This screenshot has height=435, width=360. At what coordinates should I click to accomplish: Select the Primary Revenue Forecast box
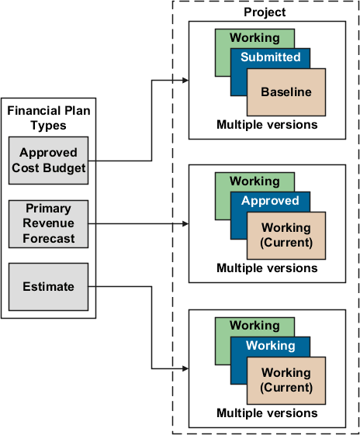[x=49, y=223]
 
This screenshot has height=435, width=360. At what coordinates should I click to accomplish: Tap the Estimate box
[x=49, y=287]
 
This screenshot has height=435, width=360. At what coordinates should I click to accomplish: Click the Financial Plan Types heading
[x=48, y=118]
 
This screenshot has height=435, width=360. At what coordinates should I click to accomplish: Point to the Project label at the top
[x=265, y=12]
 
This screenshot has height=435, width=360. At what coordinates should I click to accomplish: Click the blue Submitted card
[x=271, y=57]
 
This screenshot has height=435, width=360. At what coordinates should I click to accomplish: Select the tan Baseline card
[x=286, y=92]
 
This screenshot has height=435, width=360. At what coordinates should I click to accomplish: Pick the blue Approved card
[x=271, y=201]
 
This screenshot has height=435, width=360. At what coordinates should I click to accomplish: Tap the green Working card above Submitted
[x=254, y=38]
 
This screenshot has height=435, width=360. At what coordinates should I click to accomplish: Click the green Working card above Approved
[x=254, y=181]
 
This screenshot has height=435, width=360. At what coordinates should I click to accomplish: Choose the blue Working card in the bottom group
[x=271, y=346]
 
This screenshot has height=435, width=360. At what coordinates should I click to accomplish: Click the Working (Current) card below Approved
[x=286, y=236]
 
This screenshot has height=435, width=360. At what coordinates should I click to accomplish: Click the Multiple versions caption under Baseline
[x=267, y=124]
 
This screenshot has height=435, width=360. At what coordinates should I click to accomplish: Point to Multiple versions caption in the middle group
[x=267, y=268]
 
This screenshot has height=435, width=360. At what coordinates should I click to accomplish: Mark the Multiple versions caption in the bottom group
[x=267, y=413]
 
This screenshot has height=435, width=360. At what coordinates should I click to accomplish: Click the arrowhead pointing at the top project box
[x=185, y=80]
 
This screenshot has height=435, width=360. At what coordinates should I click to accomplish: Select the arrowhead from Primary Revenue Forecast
[x=185, y=224]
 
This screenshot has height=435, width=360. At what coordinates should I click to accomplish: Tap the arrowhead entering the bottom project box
[x=185, y=368]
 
